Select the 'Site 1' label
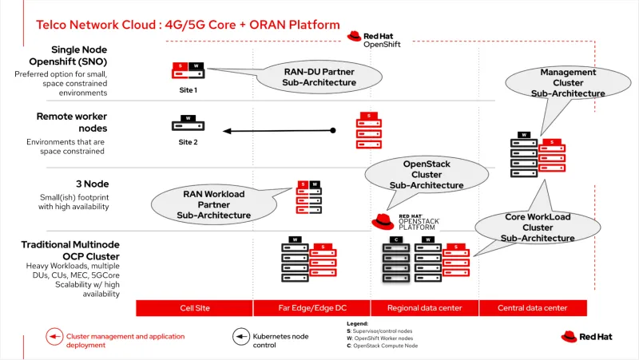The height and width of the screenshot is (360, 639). click(x=188, y=90)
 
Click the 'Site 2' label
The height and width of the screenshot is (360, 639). click(x=188, y=142)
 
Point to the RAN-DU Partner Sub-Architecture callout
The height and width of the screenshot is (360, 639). click(x=318, y=77)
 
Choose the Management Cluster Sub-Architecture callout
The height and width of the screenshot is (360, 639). click(x=568, y=82)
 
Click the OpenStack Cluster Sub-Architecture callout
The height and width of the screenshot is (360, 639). click(x=426, y=174)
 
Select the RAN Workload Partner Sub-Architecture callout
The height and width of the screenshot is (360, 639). click(x=213, y=204)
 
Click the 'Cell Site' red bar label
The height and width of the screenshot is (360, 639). click(x=194, y=308)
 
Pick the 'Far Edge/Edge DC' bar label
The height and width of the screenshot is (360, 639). click(x=312, y=308)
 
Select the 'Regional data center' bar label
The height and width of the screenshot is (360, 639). click(x=424, y=308)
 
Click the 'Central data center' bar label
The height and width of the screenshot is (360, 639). click(x=533, y=308)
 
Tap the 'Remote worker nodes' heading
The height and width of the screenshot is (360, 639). click(x=71, y=122)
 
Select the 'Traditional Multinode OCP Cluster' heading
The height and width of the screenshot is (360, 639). click(x=70, y=251)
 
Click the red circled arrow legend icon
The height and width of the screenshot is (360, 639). click(x=54, y=336)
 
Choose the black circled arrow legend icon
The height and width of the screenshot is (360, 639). click(x=240, y=336)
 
